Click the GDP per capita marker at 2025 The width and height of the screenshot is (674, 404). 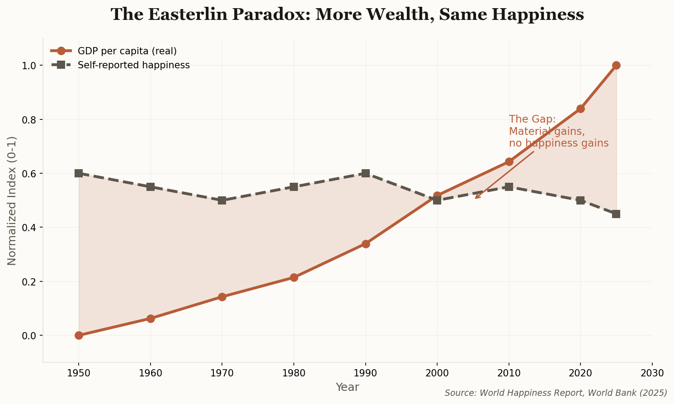click(616, 65)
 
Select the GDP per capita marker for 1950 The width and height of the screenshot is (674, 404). click(79, 335)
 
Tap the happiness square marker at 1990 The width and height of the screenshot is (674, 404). click(366, 173)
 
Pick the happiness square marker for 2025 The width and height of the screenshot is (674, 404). click(616, 214)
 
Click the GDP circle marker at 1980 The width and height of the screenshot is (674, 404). click(294, 277)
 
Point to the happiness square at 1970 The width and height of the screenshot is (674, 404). click(222, 200)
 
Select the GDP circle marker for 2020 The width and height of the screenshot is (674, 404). click(580, 109)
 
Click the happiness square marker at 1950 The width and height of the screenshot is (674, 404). click(79, 173)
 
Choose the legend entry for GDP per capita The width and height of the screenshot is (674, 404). click(127, 51)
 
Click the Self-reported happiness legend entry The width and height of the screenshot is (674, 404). click(133, 65)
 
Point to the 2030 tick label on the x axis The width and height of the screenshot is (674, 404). click(652, 373)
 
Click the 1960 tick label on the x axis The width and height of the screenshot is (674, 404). click(151, 373)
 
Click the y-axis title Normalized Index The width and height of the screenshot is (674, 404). click(12, 200)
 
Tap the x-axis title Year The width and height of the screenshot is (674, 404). click(347, 387)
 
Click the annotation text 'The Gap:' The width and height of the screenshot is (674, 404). click(532, 119)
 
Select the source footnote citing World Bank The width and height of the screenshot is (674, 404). click(556, 393)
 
